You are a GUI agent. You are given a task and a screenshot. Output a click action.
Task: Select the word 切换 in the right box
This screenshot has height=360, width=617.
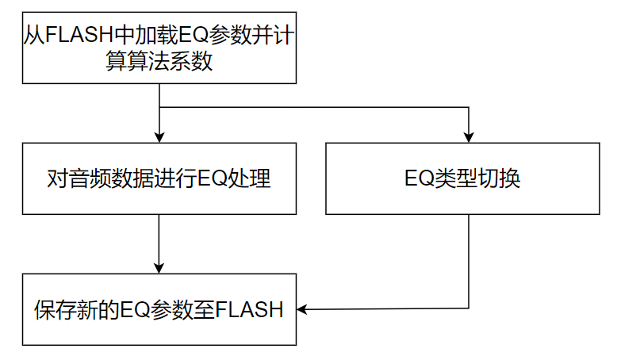(x=500, y=179)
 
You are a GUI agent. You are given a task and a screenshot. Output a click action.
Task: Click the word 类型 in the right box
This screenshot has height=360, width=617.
(x=455, y=179)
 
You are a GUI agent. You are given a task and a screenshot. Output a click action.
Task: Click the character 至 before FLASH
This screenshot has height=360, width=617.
(x=203, y=309)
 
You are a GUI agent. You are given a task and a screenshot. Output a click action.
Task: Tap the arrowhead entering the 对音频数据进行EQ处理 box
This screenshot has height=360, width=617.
(x=160, y=137)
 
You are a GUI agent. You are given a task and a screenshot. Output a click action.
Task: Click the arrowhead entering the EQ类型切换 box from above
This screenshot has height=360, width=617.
(x=469, y=137)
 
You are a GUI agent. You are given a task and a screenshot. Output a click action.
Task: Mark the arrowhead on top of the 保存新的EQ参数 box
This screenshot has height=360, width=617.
(x=160, y=267)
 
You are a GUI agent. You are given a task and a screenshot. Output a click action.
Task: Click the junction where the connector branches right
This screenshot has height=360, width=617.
(x=160, y=107)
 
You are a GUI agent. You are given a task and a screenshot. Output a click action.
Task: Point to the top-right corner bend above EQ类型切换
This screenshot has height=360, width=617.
(x=469, y=107)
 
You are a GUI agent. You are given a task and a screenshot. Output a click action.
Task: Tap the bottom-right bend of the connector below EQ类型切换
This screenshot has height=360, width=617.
(x=469, y=308)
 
